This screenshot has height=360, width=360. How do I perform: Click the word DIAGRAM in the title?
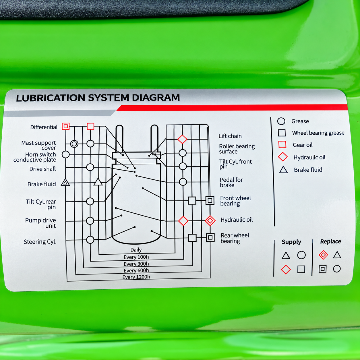pos(156,97)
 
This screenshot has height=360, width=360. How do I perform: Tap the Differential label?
pos(44,127)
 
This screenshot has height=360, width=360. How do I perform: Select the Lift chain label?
pos(230,136)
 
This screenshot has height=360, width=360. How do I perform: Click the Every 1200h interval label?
pos(136,277)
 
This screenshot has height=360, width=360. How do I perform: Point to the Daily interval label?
pos(136,249)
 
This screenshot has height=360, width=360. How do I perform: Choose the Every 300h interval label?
pos(136,264)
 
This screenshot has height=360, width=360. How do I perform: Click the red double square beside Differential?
pos(65,126)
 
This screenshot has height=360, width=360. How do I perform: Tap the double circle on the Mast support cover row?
pos(74,144)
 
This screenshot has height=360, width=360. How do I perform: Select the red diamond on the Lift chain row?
pos(182,139)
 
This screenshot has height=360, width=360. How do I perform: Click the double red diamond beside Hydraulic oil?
pos(210,221)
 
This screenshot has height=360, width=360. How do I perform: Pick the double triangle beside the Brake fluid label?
pos(65,182)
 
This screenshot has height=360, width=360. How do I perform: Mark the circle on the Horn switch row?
pos(65,154)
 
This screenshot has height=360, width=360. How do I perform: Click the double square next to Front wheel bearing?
pos(210,200)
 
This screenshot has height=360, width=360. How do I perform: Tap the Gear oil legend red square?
pos(282,144)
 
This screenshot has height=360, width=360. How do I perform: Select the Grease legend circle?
pos(281,121)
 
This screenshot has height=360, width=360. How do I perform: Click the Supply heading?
pos(291,242)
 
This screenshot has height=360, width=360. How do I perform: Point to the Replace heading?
pos(330,241)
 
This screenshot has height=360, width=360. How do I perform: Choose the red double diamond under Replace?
pos(323,255)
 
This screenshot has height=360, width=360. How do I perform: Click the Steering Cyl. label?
pos(40,242)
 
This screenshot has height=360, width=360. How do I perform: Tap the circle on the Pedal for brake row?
pos(183,182)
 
